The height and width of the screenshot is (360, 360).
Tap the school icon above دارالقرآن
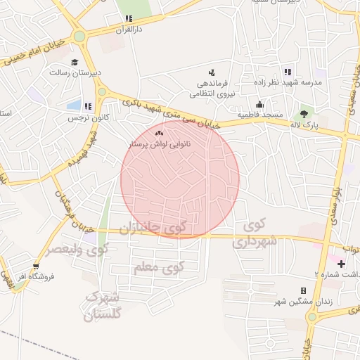(128, 20)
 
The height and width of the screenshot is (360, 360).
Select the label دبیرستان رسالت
(76, 72)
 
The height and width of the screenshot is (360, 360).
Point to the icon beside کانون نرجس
(87, 106)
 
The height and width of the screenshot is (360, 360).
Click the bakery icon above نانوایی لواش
(159, 132)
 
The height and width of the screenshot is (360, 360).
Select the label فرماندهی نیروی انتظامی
(212, 88)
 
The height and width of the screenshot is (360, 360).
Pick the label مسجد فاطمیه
(259, 115)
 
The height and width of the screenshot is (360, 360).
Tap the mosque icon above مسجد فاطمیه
(259, 104)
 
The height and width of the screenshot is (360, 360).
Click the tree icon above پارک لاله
(304, 112)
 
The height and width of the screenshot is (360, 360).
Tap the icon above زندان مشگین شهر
(303, 290)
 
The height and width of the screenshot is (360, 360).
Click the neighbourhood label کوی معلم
(162, 267)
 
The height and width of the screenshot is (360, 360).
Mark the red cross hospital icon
(341, 264)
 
